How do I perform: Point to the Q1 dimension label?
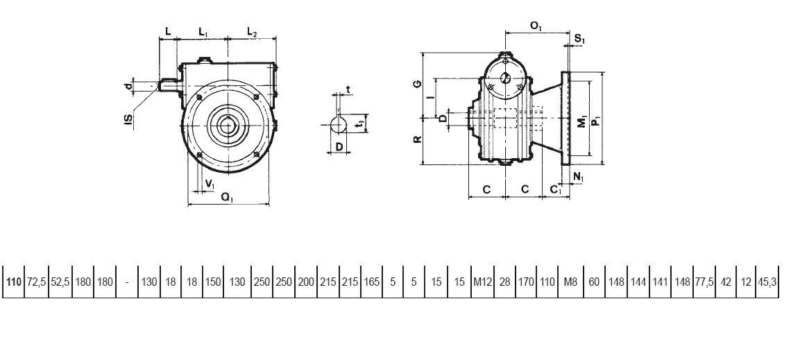pyautogui.click(x=228, y=198)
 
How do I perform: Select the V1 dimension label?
pyautogui.click(x=210, y=185)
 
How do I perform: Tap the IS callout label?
pyautogui.click(x=129, y=119)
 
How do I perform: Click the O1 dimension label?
pyautogui.click(x=536, y=26)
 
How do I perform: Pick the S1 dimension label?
pyautogui.click(x=579, y=38)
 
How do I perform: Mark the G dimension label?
pyautogui.click(x=418, y=84)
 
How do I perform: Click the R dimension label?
pyautogui.click(x=418, y=139)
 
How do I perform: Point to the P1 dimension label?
pyautogui.click(x=597, y=121)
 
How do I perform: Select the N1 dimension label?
pyautogui.click(x=579, y=177)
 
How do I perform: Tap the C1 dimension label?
pyautogui.click(x=555, y=189)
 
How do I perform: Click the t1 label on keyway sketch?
pyautogui.click(x=357, y=123)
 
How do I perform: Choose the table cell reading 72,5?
pyautogui.click(x=36, y=282)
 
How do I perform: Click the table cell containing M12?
pyautogui.click(x=482, y=282)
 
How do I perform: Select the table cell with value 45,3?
pyautogui.click(x=767, y=282)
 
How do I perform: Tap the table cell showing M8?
pyautogui.click(x=570, y=282)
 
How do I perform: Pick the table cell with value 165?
pyautogui.click(x=372, y=282)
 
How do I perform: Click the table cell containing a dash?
pyautogui.click(x=126, y=282)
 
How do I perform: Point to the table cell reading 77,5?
pyautogui.click(x=704, y=282)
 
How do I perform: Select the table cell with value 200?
pyautogui.click(x=306, y=282)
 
